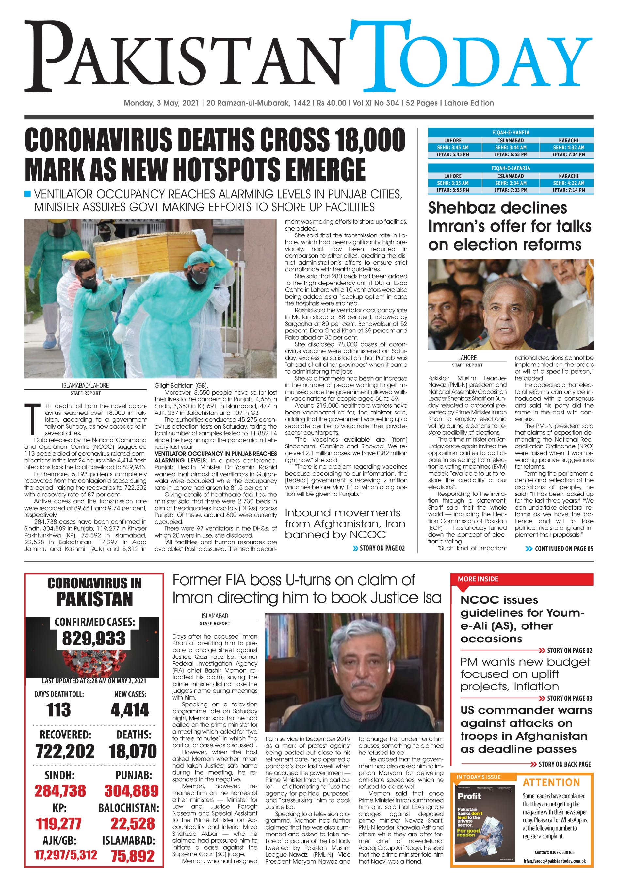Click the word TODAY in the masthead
(x=470, y=57)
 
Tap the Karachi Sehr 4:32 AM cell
(x=568, y=148)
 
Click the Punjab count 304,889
(x=131, y=790)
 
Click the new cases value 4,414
(x=130, y=710)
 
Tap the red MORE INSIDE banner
(x=521, y=579)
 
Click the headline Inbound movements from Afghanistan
(x=343, y=524)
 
